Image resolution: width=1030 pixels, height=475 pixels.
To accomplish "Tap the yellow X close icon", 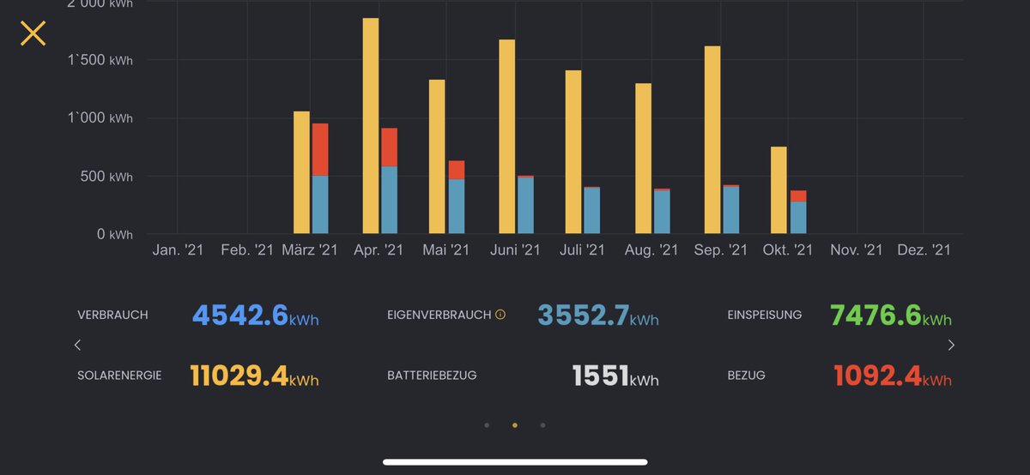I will coord(33,33).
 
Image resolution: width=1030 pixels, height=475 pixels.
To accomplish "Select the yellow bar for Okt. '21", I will coord(779,190).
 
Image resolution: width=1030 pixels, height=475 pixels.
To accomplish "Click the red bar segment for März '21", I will coord(320,150).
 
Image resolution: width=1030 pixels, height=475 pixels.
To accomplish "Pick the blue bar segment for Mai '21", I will coord(456,207).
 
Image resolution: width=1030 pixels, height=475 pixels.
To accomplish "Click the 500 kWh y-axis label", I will coord(106,177).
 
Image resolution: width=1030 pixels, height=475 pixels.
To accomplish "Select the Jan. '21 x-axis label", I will coord(177,250).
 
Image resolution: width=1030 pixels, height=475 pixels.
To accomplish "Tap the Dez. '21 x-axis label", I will coord(924,250).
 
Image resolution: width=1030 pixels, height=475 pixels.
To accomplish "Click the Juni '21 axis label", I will coord(515,250).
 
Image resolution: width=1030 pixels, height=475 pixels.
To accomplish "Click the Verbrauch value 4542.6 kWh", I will coord(255,316).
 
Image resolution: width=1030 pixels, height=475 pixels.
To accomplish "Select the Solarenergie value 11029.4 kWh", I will coord(254,376).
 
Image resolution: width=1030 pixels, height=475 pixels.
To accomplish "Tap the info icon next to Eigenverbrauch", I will coord(500,315).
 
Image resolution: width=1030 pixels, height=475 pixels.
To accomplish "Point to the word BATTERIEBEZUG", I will coord(432,376).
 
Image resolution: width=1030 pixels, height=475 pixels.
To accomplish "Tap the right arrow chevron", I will coord(951,346).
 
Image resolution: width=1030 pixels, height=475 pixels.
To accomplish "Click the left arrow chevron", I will coord(77,346).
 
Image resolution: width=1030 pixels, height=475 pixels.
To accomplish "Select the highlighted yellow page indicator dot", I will coord(515,424).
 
